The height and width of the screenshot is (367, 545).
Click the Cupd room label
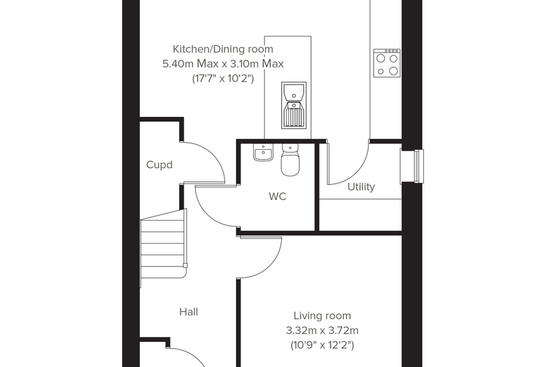(x=159, y=165)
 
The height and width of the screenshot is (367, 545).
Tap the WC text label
(x=278, y=196)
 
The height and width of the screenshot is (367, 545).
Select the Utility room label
(x=361, y=187)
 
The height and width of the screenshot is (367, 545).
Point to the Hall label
(x=189, y=312)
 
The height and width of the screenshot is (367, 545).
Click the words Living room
(x=322, y=316)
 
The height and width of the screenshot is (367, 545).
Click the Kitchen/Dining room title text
(x=223, y=49)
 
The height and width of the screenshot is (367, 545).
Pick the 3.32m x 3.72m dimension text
(x=322, y=330)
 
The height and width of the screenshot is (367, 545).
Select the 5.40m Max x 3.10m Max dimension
(x=223, y=64)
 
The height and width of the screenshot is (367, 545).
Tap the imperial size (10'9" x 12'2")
(x=322, y=345)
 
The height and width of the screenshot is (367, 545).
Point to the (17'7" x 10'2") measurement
(x=223, y=79)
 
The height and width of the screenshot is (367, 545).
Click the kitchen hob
(x=387, y=63)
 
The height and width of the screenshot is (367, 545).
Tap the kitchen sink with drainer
(x=294, y=105)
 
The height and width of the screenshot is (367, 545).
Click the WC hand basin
(x=263, y=153)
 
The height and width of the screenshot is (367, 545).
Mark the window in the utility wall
(x=412, y=166)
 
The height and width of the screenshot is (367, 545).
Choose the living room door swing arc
(x=272, y=267)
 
